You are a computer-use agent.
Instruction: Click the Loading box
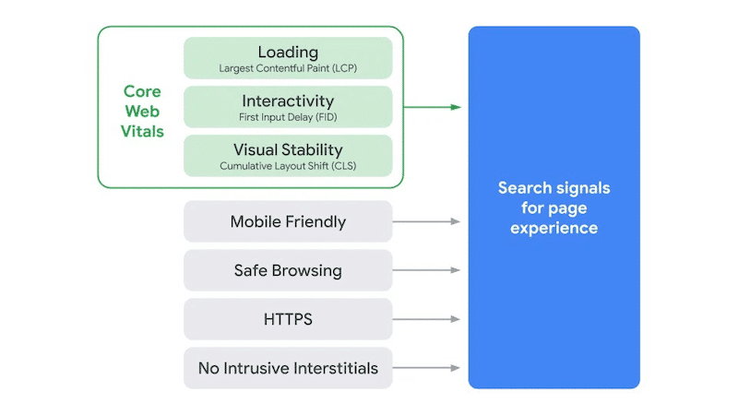[288, 57]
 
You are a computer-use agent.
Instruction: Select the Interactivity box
[288, 106]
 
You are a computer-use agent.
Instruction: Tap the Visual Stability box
[288, 155]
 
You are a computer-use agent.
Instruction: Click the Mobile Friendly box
[288, 221]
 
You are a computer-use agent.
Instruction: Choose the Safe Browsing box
[288, 270]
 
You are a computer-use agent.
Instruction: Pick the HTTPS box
[288, 319]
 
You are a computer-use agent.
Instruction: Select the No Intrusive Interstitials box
[288, 368]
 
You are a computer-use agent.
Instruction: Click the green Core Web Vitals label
[143, 112]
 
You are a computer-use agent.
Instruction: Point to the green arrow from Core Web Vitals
[432, 107]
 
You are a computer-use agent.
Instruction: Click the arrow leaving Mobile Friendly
[426, 221]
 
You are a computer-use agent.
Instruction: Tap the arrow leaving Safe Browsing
[426, 270]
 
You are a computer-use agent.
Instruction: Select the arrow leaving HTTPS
[426, 319]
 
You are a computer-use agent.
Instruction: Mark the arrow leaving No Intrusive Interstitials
[426, 368]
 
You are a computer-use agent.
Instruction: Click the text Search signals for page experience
[553, 207]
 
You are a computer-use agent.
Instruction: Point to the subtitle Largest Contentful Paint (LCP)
[288, 68]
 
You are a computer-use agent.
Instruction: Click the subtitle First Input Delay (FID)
[288, 117]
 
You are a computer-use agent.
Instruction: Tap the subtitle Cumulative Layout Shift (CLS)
[288, 167]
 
